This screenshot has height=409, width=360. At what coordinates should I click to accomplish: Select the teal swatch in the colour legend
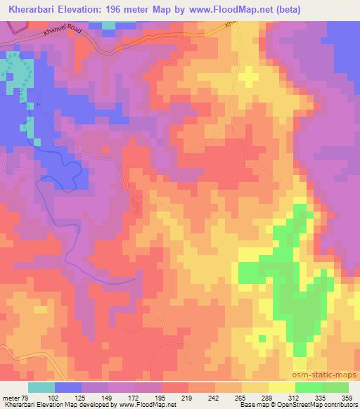(41, 388)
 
